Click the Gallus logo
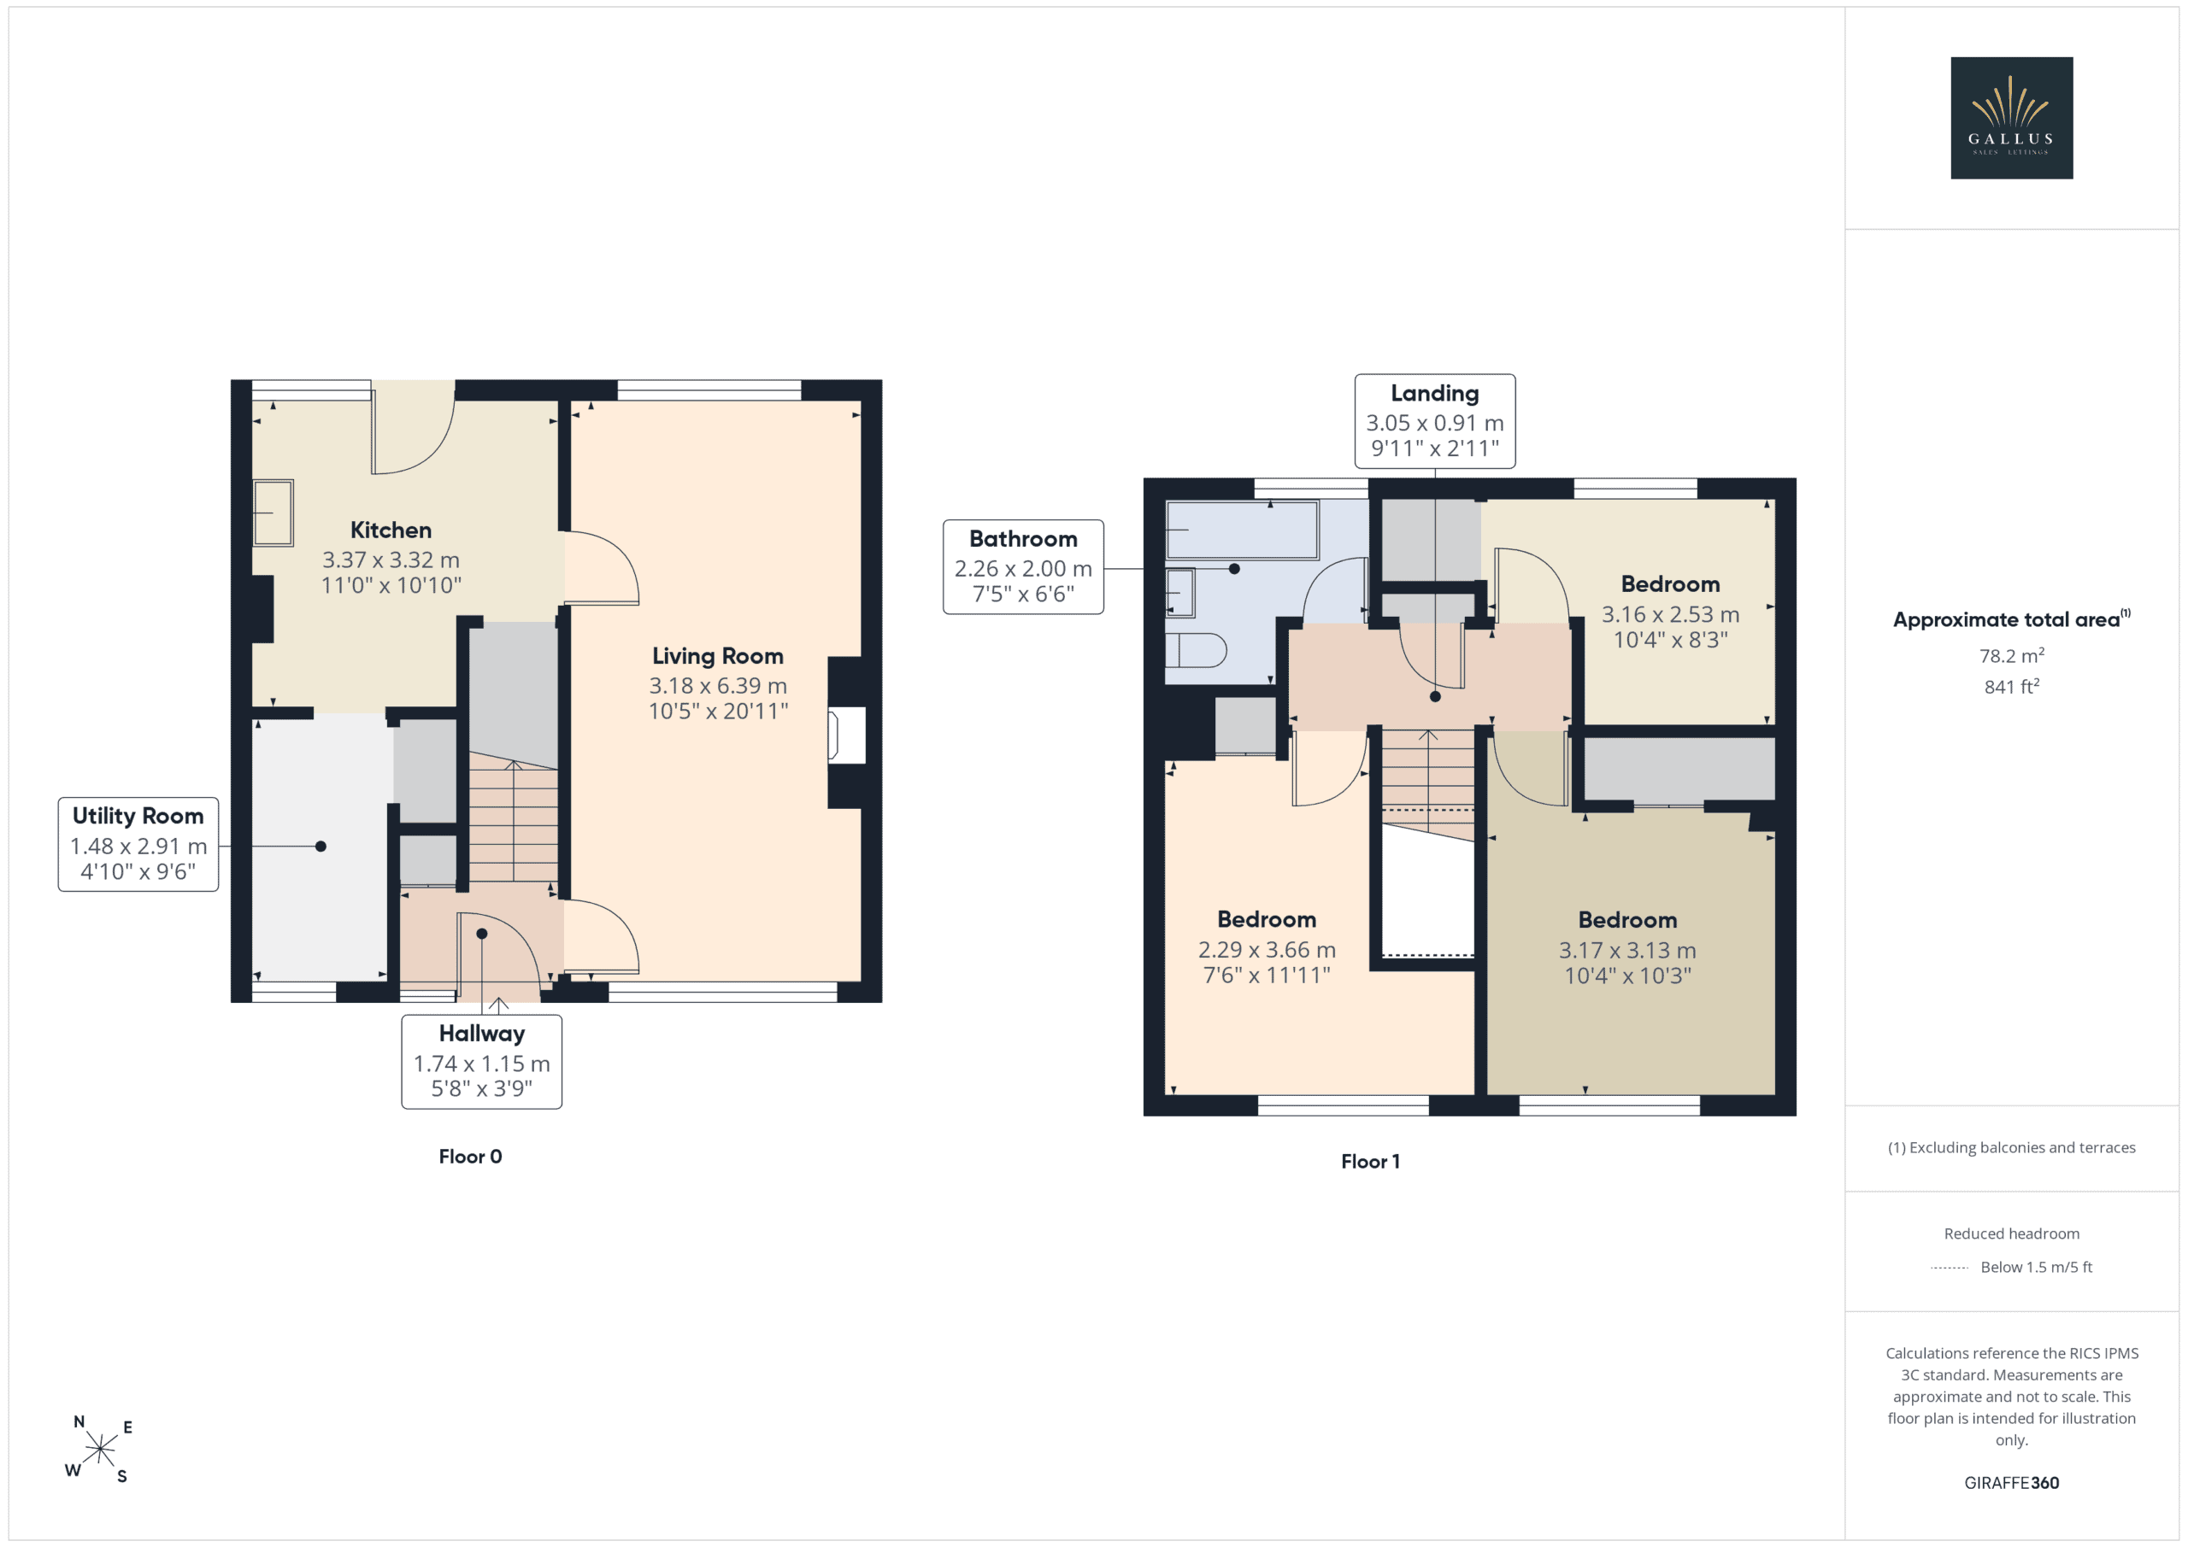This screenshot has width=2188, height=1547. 2011,118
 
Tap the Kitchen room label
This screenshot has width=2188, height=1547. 391,530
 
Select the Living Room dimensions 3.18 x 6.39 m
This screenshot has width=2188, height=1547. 718,686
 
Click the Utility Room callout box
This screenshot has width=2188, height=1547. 138,844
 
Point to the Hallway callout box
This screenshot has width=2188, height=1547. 481,1061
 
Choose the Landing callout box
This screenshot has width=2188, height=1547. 1435,421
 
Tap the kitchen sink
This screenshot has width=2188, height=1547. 273,513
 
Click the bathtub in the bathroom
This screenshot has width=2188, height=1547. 1242,530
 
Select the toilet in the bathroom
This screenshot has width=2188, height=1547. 1196,651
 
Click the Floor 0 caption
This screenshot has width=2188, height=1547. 470,1157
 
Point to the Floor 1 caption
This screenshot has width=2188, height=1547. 1370,1161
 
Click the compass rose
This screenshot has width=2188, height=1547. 99,1449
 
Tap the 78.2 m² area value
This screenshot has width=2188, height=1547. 2012,655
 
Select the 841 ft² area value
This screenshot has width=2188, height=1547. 2012,686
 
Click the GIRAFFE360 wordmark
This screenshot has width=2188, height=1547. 2012,1483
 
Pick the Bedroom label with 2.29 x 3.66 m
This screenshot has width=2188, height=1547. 1267,919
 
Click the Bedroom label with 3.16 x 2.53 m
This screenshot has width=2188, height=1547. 1671,584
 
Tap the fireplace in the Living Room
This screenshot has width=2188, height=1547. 846,735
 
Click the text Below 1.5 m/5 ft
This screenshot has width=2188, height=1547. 2037,1267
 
